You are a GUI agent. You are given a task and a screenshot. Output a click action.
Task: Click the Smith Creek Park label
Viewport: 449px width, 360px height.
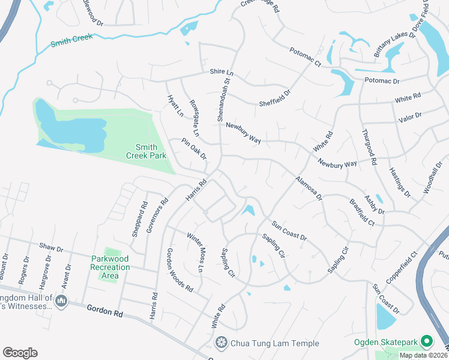[x=146, y=151]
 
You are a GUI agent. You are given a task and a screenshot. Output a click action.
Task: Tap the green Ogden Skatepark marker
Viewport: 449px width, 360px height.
[x=427, y=342]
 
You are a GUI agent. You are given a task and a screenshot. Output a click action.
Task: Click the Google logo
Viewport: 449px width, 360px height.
[x=20, y=353]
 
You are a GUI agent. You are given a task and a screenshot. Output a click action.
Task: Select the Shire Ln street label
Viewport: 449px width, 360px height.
[x=221, y=71]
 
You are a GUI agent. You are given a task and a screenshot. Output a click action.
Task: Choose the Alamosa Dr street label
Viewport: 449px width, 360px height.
[x=309, y=188]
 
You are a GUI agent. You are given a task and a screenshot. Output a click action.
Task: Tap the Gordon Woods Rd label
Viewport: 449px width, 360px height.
[x=179, y=270]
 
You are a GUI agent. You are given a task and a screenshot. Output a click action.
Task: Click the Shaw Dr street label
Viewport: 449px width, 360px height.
[x=51, y=247]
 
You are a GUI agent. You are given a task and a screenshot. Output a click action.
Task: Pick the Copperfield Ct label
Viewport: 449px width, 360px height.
[x=401, y=268]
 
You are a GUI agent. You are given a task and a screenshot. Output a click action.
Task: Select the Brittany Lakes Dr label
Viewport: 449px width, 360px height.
[x=395, y=44]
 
